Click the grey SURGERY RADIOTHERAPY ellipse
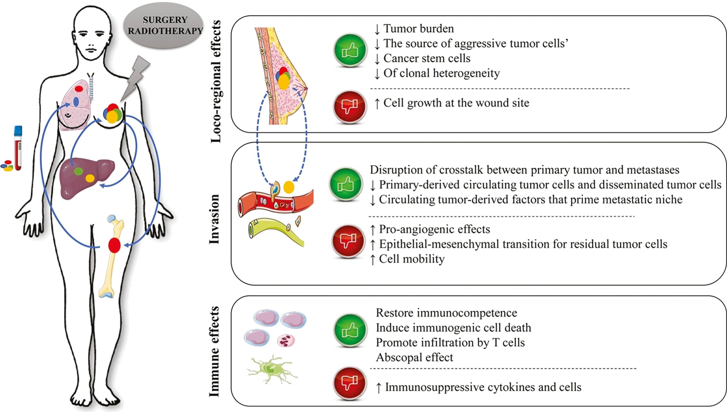point(165,26)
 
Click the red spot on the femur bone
point(114,245)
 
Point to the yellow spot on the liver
point(90,178)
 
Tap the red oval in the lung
point(79,89)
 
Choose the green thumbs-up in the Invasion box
point(346,184)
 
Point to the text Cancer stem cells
point(427,58)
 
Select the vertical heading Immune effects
point(214,351)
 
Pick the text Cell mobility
point(412,259)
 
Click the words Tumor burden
point(419,29)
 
